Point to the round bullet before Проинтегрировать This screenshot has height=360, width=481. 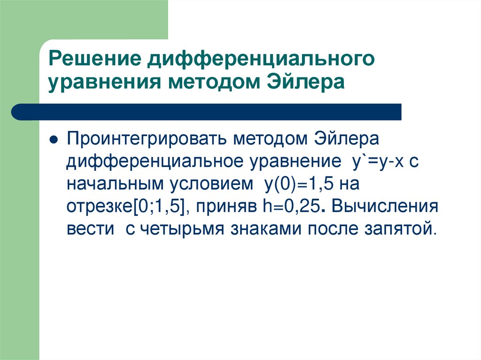54,141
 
